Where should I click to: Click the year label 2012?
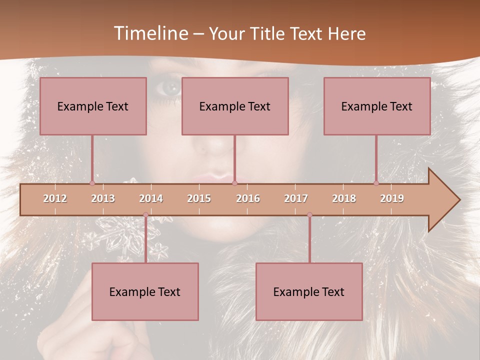pyautogui.click(x=55, y=198)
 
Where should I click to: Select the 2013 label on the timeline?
pyautogui.click(x=103, y=198)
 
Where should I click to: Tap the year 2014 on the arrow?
pyautogui.click(x=151, y=198)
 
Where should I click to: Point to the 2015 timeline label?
pyautogui.click(x=199, y=198)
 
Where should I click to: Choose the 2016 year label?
pyautogui.click(x=248, y=198)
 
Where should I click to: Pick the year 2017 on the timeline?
pyautogui.click(x=296, y=198)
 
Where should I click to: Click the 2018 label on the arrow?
pyautogui.click(x=344, y=198)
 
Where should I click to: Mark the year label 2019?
pyautogui.click(x=392, y=198)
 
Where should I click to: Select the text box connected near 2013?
pyautogui.click(x=93, y=106)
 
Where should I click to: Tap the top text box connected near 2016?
pyautogui.click(x=235, y=106)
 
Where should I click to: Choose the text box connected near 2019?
pyautogui.click(x=377, y=106)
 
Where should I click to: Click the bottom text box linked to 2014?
pyautogui.click(x=145, y=291)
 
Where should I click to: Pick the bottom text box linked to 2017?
pyautogui.click(x=309, y=291)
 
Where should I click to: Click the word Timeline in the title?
pyautogui.click(x=150, y=33)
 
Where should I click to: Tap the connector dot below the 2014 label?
pyautogui.click(x=145, y=215)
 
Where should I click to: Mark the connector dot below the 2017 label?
pyautogui.click(x=309, y=215)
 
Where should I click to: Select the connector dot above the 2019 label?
pyautogui.click(x=376, y=183)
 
